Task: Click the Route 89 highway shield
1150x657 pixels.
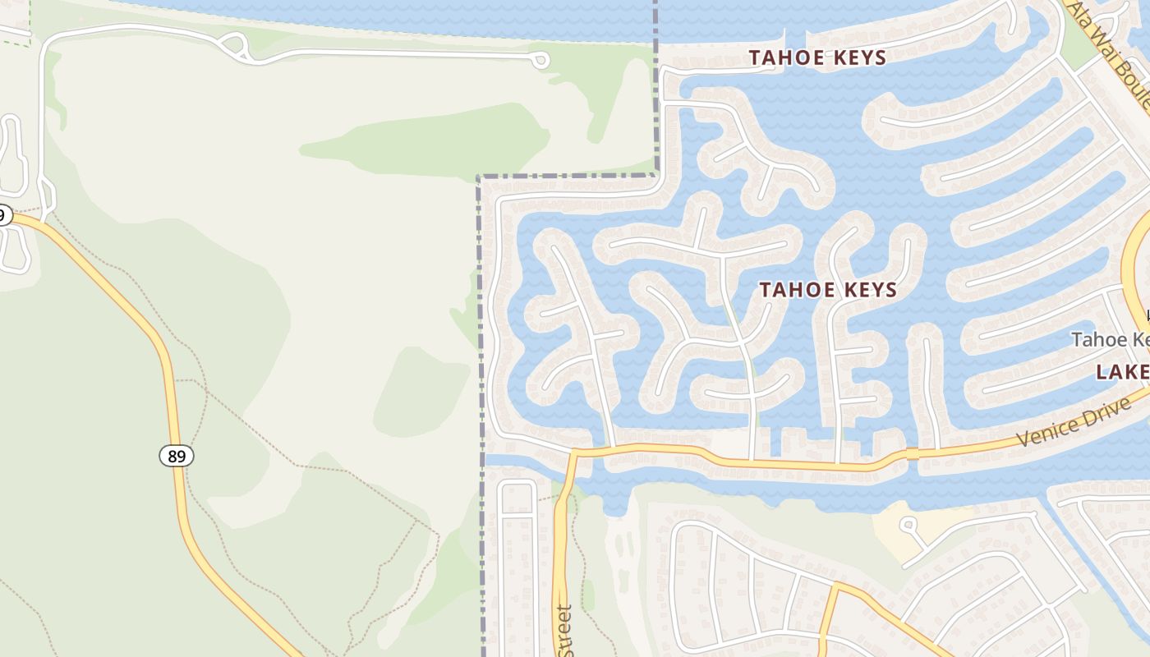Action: (177, 455)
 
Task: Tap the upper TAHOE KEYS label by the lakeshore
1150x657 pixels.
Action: (817, 57)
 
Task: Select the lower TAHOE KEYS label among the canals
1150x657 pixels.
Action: (828, 290)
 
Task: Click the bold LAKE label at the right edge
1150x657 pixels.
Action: (1122, 372)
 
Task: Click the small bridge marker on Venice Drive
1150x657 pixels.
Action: (911, 453)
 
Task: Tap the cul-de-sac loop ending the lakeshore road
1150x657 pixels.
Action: (540, 60)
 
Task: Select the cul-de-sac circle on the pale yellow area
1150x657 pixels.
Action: (908, 524)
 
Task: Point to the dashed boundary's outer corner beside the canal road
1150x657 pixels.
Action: (479, 177)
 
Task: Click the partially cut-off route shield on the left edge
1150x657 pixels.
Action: (3, 216)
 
